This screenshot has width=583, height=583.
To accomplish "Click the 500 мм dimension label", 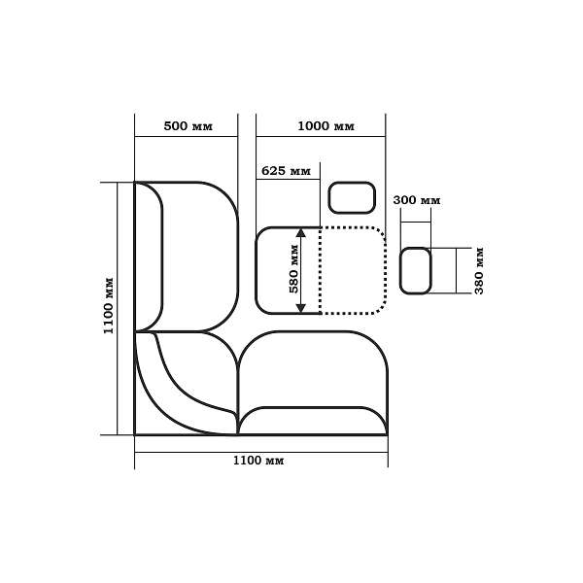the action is pos(189,126).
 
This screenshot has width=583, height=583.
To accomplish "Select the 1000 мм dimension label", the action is pos(326,126).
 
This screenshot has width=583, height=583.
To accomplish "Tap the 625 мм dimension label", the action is pos(286,171).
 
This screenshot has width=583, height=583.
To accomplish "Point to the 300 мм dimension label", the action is pos(417,200).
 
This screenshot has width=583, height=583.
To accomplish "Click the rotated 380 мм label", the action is pos(479,270).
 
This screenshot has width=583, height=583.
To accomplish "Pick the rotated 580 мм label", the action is pos(293,269).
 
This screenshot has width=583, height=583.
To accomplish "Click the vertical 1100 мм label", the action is pos(108,306).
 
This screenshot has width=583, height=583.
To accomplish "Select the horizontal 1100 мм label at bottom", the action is pos(258,461).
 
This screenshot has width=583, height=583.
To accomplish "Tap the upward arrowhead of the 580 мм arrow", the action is pos(301,233).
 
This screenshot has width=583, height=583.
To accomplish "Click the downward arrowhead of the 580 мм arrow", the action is pos(301,308).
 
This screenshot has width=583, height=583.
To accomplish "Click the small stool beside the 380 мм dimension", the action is pos(415,271).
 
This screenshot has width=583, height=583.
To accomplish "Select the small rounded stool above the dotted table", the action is pos(352,198).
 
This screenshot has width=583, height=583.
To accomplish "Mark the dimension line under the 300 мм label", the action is pos(416,223).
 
